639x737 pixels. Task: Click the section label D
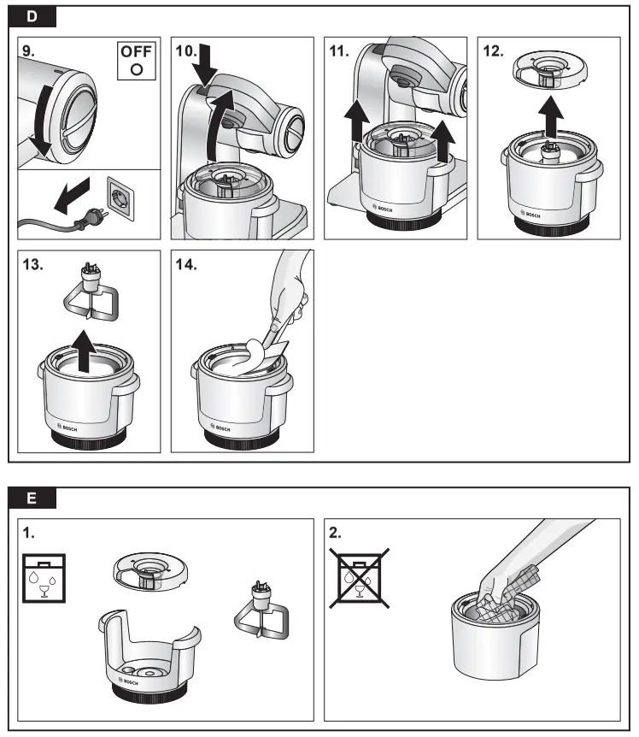point(32,16)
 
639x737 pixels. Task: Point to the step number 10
point(186,50)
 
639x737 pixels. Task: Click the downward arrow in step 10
point(205,62)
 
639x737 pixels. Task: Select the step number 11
point(340,50)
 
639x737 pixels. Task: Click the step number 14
point(186,264)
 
